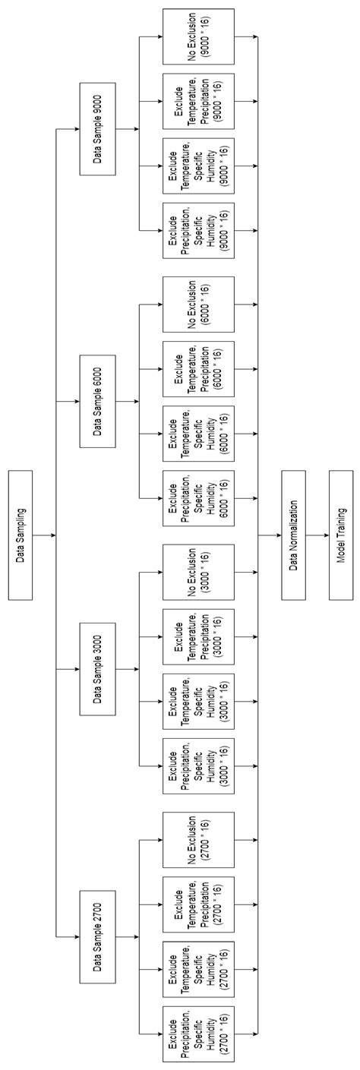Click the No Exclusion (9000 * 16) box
(x=197, y=36)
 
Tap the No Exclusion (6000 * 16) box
(x=197, y=304)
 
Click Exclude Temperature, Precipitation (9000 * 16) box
(x=197, y=101)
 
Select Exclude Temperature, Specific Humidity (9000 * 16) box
(x=197, y=166)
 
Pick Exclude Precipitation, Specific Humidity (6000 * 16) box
(x=197, y=497)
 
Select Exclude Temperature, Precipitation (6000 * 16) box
(x=197, y=368)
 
